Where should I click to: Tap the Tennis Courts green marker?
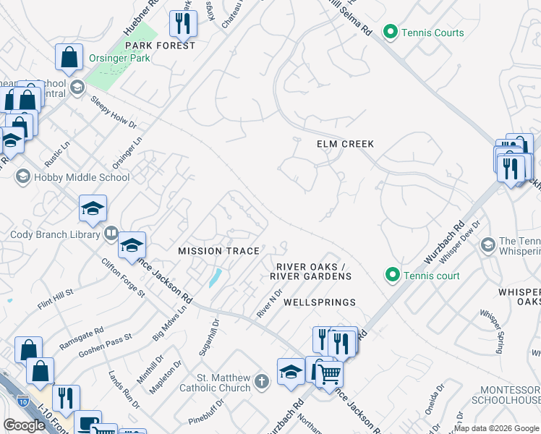[391, 33]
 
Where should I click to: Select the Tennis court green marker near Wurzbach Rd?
[392, 275]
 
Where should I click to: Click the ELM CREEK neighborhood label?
[346, 144]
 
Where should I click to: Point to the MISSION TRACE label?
[218, 251]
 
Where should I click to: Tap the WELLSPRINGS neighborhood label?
[319, 302]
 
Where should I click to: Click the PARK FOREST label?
[160, 46]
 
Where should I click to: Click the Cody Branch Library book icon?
[111, 234]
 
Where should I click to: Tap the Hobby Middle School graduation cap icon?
[23, 177]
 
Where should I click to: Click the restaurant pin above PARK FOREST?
[183, 24]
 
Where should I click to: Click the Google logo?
[24, 425]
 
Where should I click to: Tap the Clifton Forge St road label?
[124, 278]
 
